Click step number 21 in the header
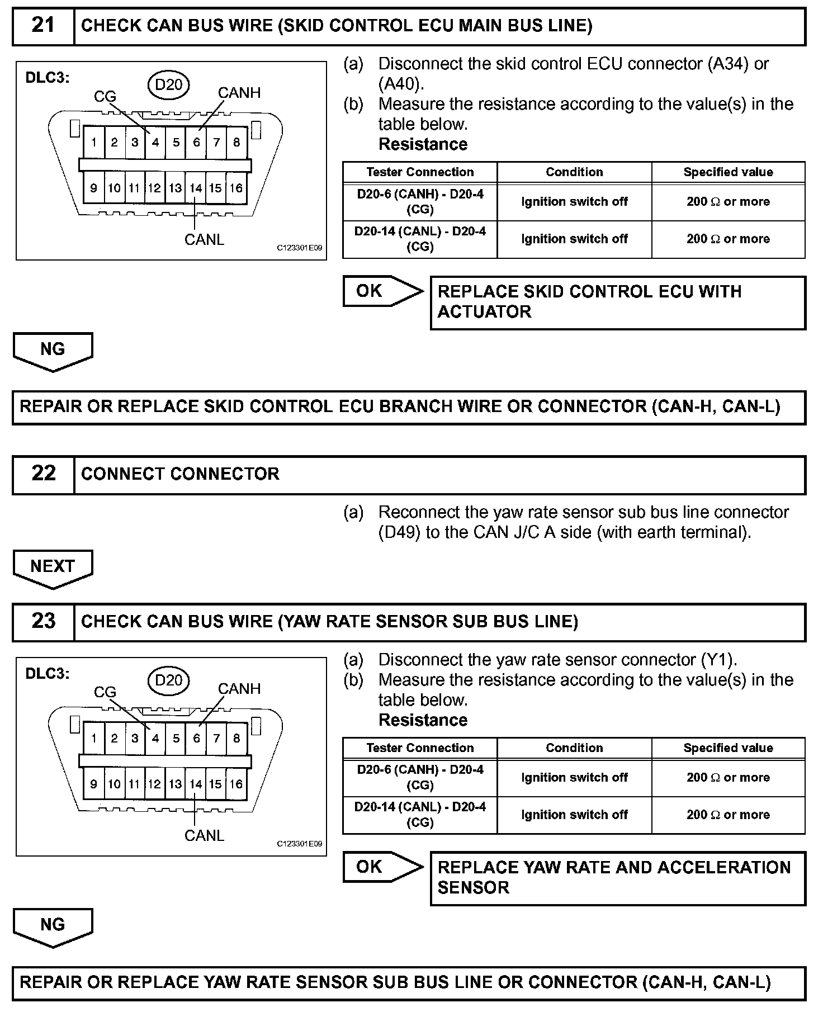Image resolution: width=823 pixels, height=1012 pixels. click(43, 26)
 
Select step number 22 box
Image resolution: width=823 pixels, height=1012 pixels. click(43, 474)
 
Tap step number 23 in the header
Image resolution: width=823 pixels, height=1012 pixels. click(43, 622)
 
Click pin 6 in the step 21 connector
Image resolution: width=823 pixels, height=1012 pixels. click(196, 143)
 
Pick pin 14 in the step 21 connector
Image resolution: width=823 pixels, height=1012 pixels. click(195, 188)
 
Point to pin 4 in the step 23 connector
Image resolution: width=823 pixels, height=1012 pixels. click(155, 739)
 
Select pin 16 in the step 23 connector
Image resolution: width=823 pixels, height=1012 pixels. click(236, 784)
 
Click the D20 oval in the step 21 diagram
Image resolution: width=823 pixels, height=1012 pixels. click(168, 84)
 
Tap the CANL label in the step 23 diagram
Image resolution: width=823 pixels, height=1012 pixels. click(204, 835)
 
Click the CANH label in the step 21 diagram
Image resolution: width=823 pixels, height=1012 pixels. click(239, 93)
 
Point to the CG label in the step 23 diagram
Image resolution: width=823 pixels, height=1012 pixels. click(105, 692)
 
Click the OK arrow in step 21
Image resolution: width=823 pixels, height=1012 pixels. click(382, 291)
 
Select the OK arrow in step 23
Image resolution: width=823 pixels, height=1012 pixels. click(382, 867)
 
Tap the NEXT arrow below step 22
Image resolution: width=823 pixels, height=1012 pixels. click(53, 568)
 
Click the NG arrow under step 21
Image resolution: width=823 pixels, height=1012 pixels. click(53, 351)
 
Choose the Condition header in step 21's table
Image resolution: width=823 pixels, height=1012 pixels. click(574, 172)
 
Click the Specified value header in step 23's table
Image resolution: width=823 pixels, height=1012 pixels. click(728, 748)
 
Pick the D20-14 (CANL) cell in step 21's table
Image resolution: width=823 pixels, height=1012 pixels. click(420, 239)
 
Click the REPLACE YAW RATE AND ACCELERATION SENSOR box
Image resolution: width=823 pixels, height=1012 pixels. click(617, 877)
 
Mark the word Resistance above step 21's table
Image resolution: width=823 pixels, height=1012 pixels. click(423, 144)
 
